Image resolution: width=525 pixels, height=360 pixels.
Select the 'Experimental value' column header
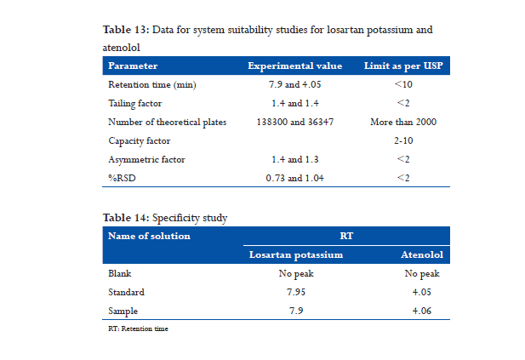pos(294,66)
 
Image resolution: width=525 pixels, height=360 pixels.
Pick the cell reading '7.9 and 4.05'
pos(295,85)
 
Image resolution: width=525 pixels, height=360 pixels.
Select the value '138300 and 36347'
pos(295,123)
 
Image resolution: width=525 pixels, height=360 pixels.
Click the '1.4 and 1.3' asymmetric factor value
pos(295,160)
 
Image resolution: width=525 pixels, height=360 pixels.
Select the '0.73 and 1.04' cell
pos(295,178)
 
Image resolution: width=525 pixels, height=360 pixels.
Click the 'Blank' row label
pos(119,274)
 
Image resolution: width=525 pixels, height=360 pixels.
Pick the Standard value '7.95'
pos(295,293)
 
